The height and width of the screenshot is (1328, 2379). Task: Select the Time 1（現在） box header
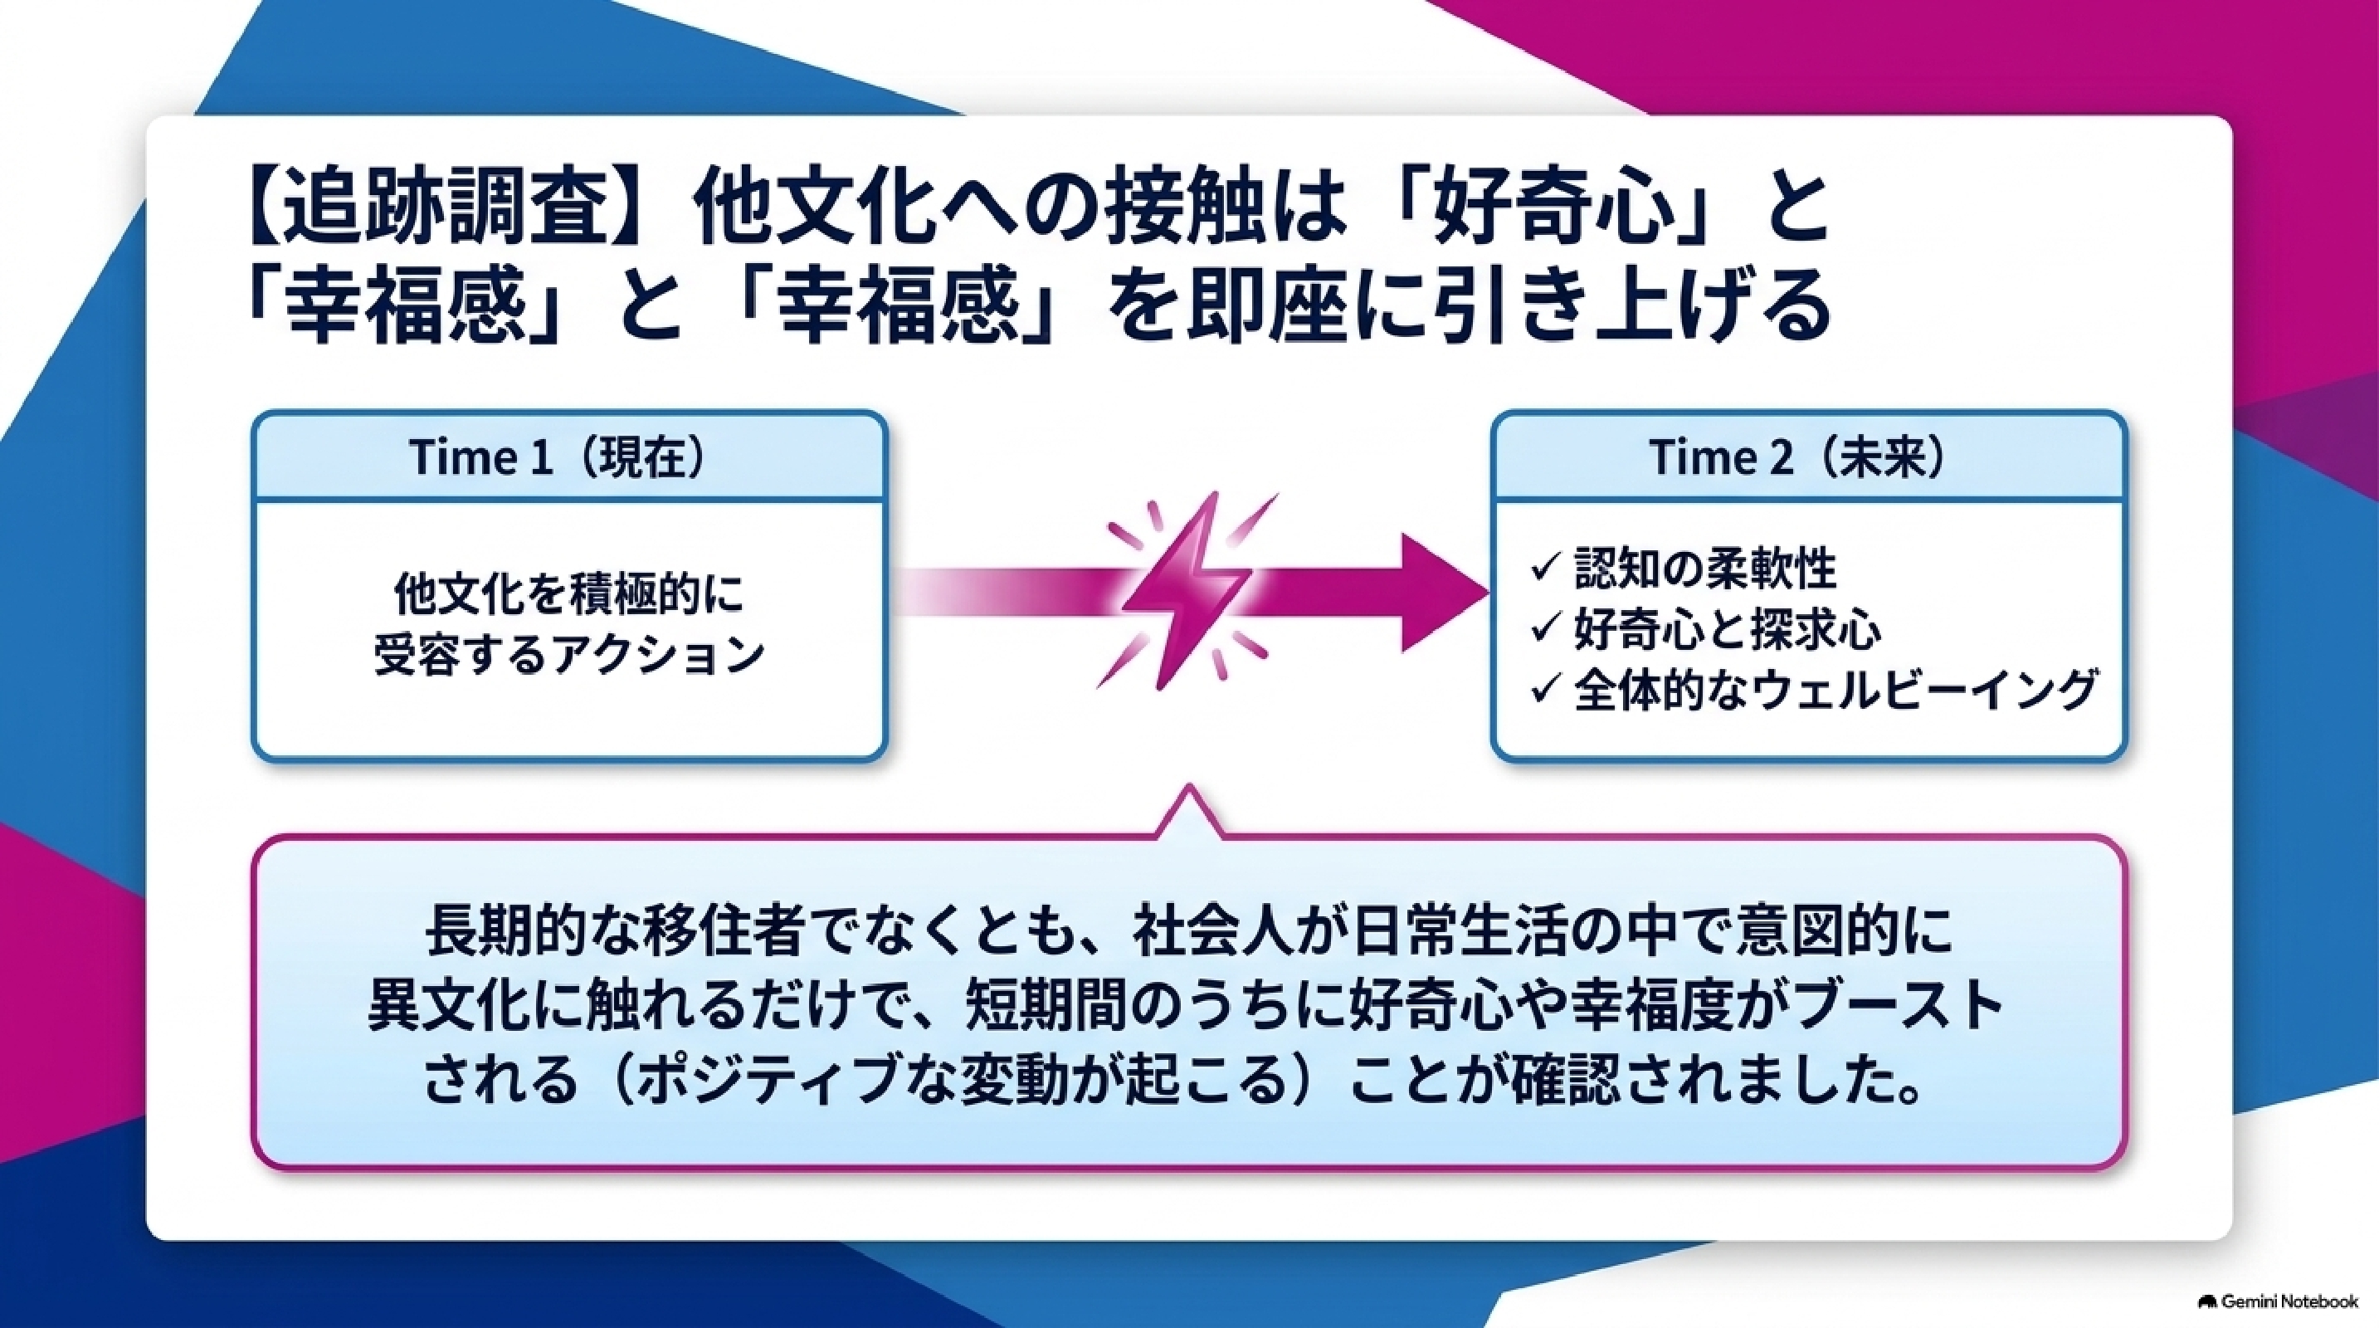[x=569, y=457]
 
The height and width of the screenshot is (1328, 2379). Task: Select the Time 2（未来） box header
[x=1809, y=457]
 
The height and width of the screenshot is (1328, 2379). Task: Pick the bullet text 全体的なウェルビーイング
[x=1834, y=691]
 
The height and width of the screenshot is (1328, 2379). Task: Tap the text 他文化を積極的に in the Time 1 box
[x=569, y=596]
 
